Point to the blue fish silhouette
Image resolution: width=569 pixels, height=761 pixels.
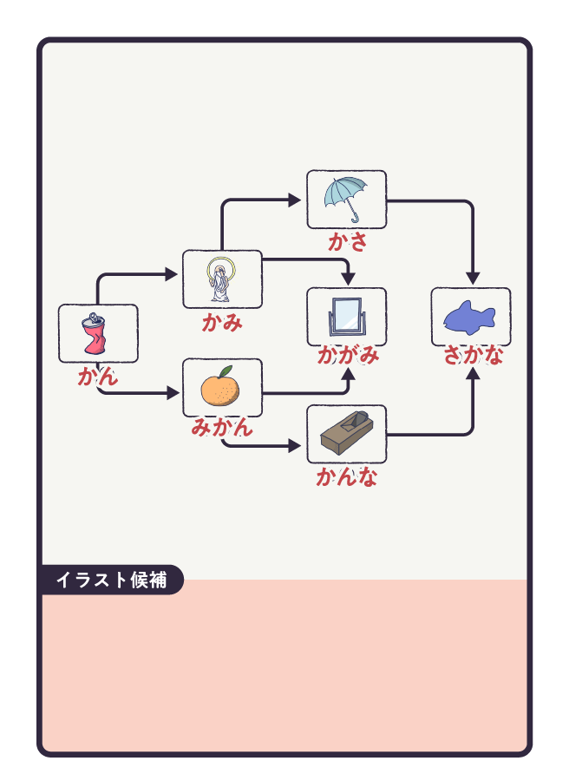pos(469,318)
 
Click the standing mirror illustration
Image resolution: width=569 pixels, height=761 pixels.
pos(346,318)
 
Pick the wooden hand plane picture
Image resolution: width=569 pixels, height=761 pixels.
pos(346,433)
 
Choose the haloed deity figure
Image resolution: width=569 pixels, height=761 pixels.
pos(220,279)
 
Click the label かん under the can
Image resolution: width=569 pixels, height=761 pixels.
pos(98,377)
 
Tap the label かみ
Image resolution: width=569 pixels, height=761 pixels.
pos(222,324)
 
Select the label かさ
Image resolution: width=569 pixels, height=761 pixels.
pos(347,242)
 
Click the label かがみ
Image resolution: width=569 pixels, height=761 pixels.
pos(347,355)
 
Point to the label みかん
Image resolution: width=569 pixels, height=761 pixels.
pos(222,427)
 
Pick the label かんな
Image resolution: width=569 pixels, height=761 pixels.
pos(347,476)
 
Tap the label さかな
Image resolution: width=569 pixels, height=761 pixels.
pos(473,355)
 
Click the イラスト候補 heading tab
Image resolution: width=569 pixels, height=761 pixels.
pos(111,580)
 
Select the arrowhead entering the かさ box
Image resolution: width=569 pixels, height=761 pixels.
pos(295,200)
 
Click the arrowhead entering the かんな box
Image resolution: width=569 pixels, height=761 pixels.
pos(295,447)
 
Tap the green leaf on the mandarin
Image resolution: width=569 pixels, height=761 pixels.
pos(225,371)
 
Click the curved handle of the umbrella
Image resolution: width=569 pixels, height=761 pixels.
pos(356,216)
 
